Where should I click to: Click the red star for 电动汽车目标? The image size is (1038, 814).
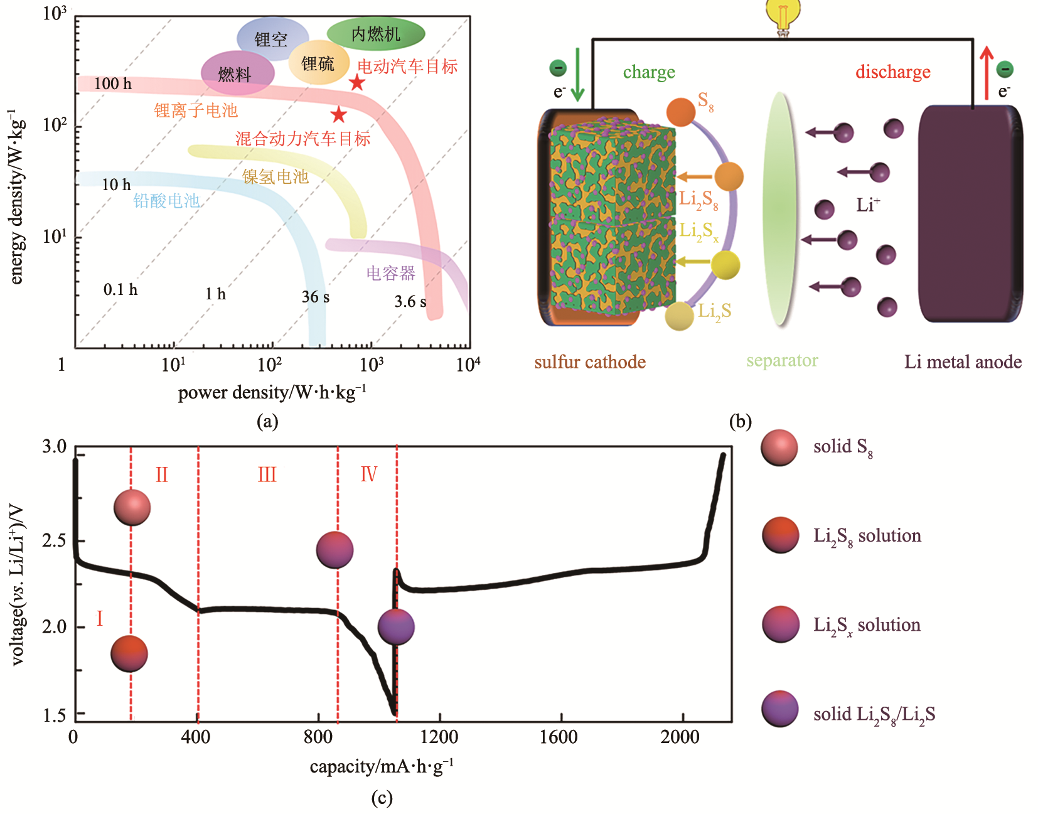[x=357, y=83]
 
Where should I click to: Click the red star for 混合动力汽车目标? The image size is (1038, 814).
[x=339, y=114]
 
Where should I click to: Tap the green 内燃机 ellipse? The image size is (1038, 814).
[x=376, y=34]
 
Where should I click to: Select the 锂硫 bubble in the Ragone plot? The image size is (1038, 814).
[x=319, y=63]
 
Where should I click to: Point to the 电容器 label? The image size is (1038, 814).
[x=391, y=273]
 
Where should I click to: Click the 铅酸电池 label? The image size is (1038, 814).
[x=166, y=201]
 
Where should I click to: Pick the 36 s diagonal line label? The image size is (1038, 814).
[x=315, y=297]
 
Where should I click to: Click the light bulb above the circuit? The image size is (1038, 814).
[x=783, y=17]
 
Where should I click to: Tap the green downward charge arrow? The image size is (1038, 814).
[x=578, y=75]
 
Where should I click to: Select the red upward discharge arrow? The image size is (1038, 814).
[x=987, y=73]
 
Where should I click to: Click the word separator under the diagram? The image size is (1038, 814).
[x=782, y=360]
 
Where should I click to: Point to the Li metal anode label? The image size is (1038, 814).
[x=963, y=362]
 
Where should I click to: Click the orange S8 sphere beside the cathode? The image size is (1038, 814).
[x=681, y=112]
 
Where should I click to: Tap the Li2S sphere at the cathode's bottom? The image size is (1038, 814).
[x=679, y=316]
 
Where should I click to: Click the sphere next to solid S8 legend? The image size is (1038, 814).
[x=779, y=447]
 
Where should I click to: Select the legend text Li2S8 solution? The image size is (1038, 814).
[x=867, y=537]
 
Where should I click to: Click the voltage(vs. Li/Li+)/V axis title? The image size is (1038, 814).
[x=17, y=585]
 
